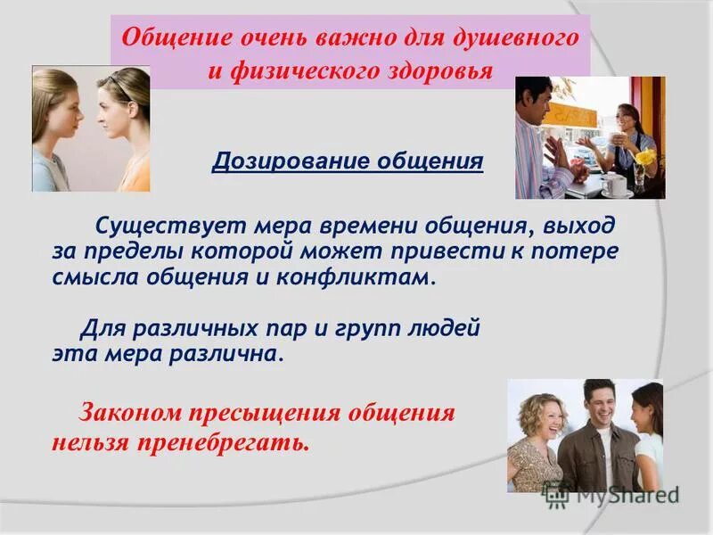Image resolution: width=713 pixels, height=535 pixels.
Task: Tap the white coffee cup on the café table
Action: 614,183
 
